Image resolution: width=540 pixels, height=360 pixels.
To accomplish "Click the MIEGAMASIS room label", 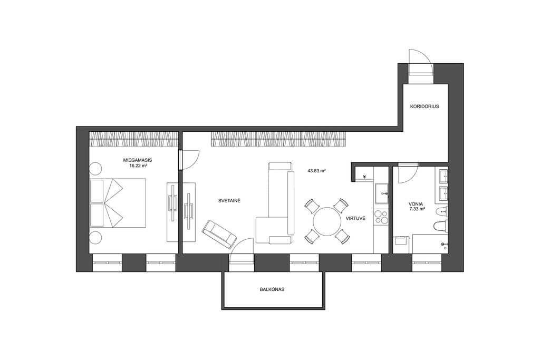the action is pyautogui.click(x=138, y=160).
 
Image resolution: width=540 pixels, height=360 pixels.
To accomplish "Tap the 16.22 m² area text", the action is pyautogui.click(x=138, y=166).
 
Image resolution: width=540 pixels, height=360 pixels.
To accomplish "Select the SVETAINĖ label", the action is pyautogui.click(x=229, y=201).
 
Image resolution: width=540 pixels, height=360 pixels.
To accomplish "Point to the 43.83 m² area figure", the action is pyautogui.click(x=317, y=170).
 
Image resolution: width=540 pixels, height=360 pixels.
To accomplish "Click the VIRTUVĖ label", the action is pyautogui.click(x=355, y=219).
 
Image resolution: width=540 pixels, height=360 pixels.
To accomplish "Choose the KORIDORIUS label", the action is pyautogui.click(x=425, y=106).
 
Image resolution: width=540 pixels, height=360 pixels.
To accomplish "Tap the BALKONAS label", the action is pyautogui.click(x=272, y=289).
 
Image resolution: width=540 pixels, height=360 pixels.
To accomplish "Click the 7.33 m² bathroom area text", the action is pyautogui.click(x=417, y=209).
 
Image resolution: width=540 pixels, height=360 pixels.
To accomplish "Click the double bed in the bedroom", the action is pyautogui.click(x=118, y=202).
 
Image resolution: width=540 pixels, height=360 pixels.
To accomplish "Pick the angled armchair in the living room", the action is pyautogui.click(x=219, y=234).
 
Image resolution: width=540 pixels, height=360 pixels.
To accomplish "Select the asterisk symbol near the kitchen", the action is pyautogui.click(x=365, y=177).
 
